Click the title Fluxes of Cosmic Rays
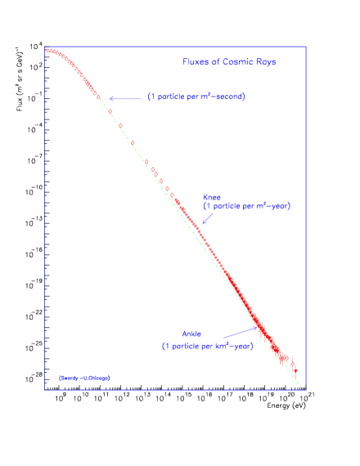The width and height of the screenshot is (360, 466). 229,62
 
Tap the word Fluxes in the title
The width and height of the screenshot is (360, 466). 195,62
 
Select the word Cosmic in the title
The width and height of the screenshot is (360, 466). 232,62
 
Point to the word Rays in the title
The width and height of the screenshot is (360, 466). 264,62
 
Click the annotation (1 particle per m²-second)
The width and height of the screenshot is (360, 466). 196,97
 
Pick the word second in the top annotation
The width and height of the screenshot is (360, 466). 230,97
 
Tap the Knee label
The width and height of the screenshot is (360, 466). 212,197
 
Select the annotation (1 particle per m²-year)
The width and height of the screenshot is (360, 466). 246,206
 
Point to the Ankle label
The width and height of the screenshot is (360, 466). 191,334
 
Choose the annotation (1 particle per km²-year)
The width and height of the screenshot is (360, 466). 207,346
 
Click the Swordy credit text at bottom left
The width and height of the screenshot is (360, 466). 83,378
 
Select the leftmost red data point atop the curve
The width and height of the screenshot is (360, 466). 47,52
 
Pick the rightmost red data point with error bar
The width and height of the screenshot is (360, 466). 295,370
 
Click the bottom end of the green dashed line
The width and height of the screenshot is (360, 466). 301,388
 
